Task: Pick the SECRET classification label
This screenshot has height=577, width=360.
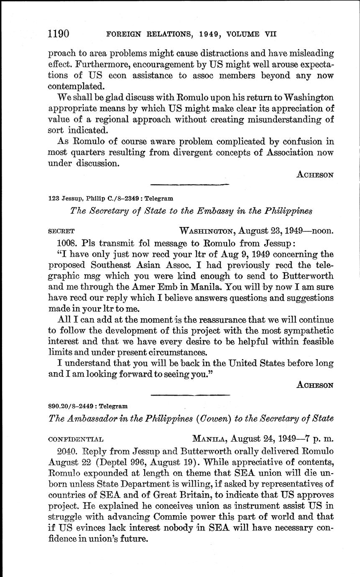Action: pos(61,231)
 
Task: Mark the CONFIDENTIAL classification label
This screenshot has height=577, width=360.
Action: pos(76,439)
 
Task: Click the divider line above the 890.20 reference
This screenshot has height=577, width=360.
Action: pos(190,394)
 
